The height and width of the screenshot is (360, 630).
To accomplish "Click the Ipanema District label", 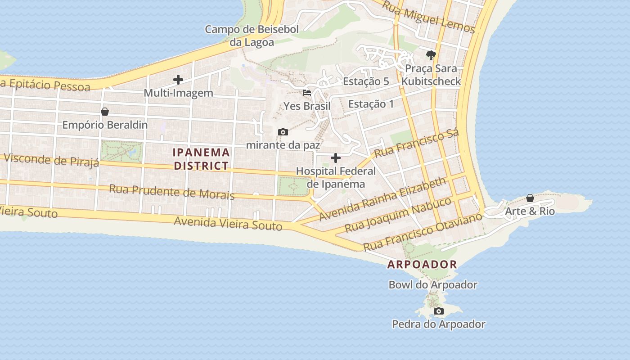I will click(x=202, y=159).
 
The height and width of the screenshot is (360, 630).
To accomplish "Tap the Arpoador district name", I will click(x=422, y=265).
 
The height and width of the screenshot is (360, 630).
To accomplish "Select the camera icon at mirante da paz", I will click(x=283, y=132).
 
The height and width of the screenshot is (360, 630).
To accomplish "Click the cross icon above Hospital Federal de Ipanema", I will click(x=336, y=158).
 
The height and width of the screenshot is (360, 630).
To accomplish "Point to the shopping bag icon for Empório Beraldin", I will click(x=105, y=112).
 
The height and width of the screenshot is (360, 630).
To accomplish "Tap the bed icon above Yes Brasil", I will click(x=307, y=93).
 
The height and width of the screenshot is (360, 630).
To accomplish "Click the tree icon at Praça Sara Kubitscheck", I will click(x=431, y=55).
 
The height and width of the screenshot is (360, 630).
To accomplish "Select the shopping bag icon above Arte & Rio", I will click(x=530, y=198).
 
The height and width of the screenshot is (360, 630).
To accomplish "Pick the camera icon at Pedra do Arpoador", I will click(x=438, y=311).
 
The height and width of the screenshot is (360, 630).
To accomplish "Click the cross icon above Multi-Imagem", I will click(x=178, y=80).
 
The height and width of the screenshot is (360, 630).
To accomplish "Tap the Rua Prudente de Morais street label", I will click(x=171, y=191).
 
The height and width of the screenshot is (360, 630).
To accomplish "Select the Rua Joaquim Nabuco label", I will click(x=398, y=215).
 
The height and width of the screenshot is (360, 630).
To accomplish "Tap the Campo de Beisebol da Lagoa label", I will click(x=252, y=36).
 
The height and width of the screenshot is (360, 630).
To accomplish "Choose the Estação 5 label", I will click(x=366, y=81).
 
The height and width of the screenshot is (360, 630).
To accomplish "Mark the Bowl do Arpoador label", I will click(x=433, y=285).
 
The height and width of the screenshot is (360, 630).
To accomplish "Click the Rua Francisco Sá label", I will click(x=416, y=143).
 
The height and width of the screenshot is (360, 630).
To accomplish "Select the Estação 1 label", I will click(x=371, y=104).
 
